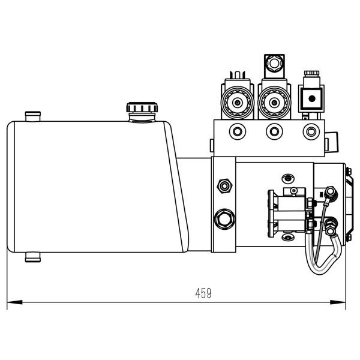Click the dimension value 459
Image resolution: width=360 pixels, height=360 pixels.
(x=203, y=293)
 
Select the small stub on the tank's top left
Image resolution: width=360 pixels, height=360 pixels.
(x=32, y=114)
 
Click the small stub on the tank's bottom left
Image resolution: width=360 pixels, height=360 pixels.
(x=32, y=257)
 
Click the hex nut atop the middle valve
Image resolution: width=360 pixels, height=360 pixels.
(x=274, y=62)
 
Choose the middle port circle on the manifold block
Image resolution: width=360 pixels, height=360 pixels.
(x=274, y=131)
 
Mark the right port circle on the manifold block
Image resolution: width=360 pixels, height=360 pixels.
(x=310, y=131)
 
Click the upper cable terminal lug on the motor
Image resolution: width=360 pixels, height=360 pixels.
(x=329, y=193)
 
